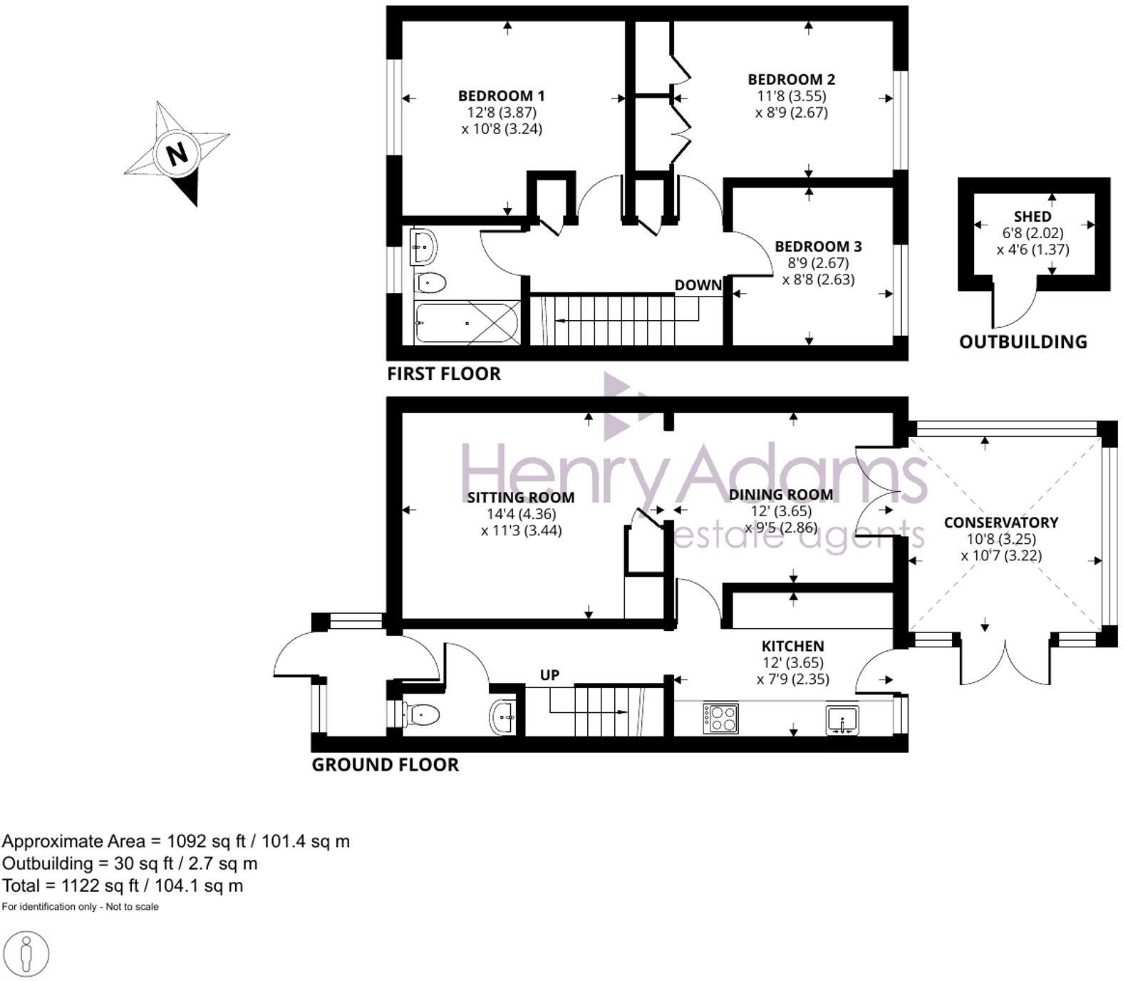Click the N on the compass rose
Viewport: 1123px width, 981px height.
click(x=177, y=153)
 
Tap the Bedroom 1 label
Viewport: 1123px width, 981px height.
click(x=501, y=96)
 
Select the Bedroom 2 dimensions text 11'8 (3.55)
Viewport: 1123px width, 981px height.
click(x=791, y=96)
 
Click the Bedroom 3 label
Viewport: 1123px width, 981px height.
click(x=818, y=247)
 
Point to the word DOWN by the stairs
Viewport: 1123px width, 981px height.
click(x=698, y=285)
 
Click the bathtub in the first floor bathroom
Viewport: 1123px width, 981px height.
click(x=467, y=323)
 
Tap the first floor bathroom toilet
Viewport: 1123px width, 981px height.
click(x=430, y=283)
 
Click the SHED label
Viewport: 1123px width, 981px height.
click(x=1033, y=216)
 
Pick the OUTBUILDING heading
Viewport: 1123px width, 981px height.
click(x=1023, y=342)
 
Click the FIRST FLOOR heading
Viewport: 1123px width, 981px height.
click(x=443, y=374)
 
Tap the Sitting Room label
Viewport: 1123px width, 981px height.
click(x=520, y=498)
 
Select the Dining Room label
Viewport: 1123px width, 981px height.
click(x=780, y=495)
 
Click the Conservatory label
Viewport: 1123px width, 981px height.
click(x=1000, y=523)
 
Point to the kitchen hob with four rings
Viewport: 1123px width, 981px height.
click(x=720, y=718)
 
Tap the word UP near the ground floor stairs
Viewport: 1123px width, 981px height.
click(x=549, y=675)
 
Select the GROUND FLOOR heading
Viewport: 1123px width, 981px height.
click(x=385, y=765)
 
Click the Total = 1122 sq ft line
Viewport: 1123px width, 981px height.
click(x=123, y=885)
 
